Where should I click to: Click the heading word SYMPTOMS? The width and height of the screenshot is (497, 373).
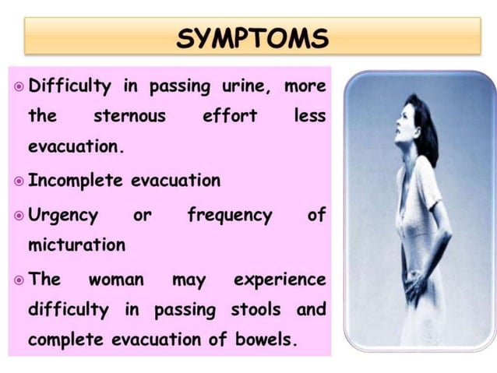tap(252, 37)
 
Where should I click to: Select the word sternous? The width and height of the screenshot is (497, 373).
tap(129, 117)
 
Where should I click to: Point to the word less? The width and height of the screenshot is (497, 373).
tap(309, 117)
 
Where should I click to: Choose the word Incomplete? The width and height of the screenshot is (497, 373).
tap(76, 181)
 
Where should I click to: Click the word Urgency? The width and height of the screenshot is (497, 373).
tap(63, 214)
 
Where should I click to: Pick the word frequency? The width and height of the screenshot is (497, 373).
tap(229, 214)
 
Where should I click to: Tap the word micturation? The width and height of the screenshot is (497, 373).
tap(76, 245)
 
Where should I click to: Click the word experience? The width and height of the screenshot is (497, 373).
tap(280, 279)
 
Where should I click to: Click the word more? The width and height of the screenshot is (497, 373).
tap(305, 86)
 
